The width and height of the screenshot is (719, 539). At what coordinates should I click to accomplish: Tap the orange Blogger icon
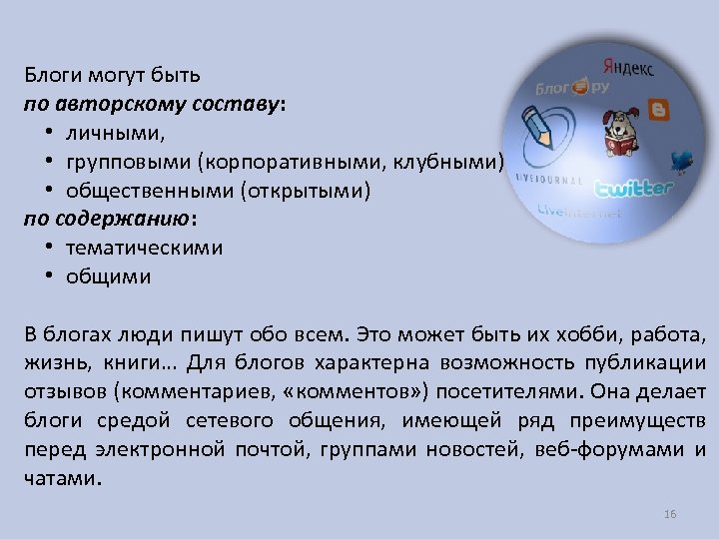click(658, 109)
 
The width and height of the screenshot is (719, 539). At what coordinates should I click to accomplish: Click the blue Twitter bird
click(683, 160)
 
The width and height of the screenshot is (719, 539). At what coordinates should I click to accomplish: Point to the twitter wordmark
click(634, 189)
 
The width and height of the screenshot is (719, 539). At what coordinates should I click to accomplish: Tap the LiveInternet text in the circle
click(578, 212)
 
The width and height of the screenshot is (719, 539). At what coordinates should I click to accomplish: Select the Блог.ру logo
click(570, 88)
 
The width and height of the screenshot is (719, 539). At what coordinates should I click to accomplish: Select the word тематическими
click(145, 248)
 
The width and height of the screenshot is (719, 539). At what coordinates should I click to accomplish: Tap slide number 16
click(670, 514)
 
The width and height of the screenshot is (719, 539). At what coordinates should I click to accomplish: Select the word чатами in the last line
click(60, 478)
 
